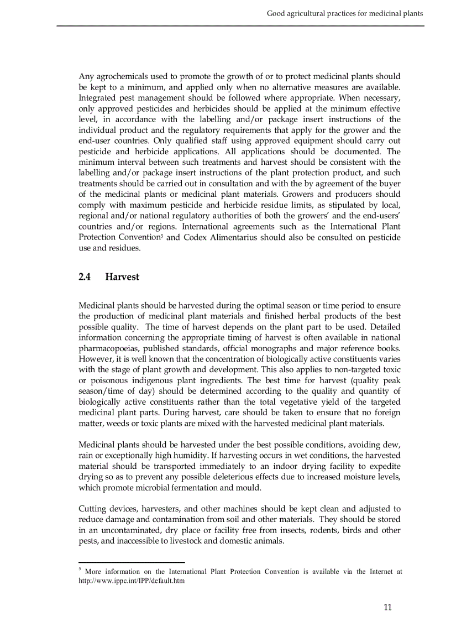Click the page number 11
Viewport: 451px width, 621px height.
[x=387, y=607]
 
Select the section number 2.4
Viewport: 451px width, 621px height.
[x=85, y=277]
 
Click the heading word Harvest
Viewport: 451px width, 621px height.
[x=122, y=277]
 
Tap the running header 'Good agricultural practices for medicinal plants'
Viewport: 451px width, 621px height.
[x=345, y=13]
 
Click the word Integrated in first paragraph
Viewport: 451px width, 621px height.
[x=99, y=98]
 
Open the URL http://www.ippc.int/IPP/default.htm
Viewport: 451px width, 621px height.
[x=131, y=581]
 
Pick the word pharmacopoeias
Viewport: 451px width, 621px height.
[x=108, y=348]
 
